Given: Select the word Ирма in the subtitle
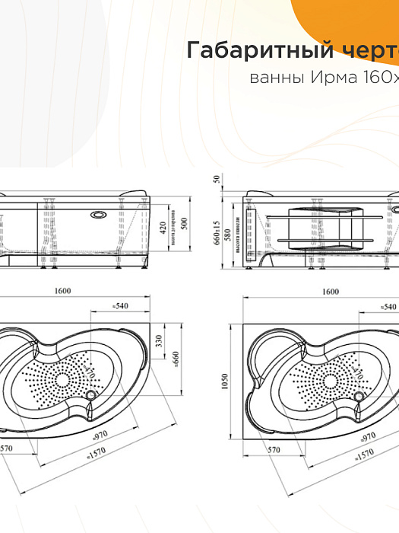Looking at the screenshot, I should tap(322, 78).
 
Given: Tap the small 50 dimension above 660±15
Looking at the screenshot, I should tap(217, 180).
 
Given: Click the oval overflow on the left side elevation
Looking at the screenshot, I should tap(98, 215).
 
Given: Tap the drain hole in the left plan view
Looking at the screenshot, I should tap(93, 394).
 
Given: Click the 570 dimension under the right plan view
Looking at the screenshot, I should tap(274, 450).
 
